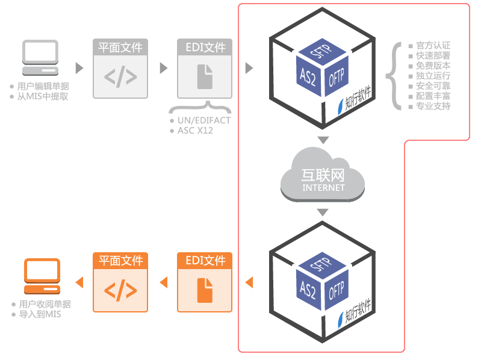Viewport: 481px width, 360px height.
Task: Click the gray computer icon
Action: click(x=40, y=58)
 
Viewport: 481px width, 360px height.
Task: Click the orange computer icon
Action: click(x=42, y=276)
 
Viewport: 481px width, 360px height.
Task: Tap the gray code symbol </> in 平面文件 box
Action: click(x=120, y=76)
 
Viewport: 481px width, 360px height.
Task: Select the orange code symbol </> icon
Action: click(x=120, y=290)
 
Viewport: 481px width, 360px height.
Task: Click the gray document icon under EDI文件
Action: click(x=205, y=76)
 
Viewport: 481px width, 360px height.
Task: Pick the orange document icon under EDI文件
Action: click(x=205, y=290)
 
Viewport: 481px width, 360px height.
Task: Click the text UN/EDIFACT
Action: click(x=204, y=120)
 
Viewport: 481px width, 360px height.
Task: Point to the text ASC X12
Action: click(x=195, y=131)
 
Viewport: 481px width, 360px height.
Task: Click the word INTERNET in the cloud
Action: click(x=323, y=188)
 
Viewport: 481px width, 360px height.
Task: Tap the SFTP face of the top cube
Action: click(x=323, y=51)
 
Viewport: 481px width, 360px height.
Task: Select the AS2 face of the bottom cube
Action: click(x=308, y=290)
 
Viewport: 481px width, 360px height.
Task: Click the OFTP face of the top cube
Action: click(x=336, y=76)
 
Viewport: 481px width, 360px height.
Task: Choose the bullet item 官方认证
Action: click(x=433, y=45)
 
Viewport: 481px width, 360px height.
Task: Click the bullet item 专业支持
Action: click(x=433, y=106)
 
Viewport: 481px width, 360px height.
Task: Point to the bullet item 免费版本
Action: click(x=433, y=66)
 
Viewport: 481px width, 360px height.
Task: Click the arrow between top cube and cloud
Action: click(x=323, y=140)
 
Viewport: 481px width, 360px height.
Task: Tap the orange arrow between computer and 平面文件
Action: click(x=79, y=282)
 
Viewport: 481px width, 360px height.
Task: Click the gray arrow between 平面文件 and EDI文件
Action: click(x=164, y=68)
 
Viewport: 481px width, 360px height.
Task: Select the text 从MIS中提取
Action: click(x=42, y=96)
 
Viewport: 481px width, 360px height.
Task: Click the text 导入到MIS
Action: click(x=40, y=314)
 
